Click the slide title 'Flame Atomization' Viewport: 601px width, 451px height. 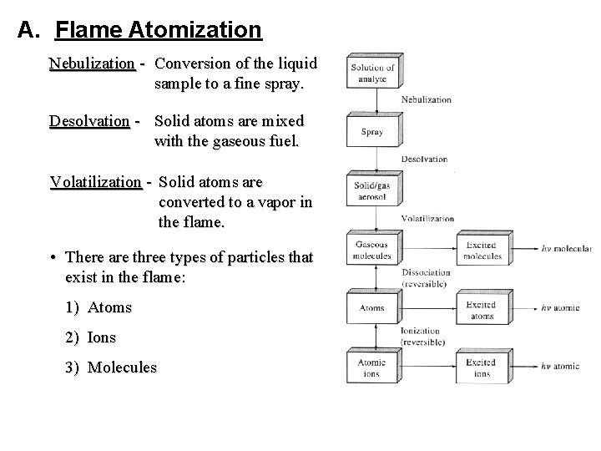159,31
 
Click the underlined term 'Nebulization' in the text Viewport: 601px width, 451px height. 92,63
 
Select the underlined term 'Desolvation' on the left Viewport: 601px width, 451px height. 89,122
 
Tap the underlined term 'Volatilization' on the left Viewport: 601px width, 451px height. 96,182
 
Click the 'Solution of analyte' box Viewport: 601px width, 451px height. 372,73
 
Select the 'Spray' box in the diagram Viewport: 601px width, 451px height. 372,131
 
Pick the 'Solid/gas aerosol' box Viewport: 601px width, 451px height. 372,190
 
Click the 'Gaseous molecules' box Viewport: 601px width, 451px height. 372,251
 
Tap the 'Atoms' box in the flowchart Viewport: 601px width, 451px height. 372,308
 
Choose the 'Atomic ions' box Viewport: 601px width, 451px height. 372,367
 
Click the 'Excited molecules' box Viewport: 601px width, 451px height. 482,251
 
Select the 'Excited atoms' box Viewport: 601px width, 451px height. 482,310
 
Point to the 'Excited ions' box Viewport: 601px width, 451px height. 482,368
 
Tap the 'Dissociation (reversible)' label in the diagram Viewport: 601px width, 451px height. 425,277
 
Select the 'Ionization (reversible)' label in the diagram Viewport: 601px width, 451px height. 425,336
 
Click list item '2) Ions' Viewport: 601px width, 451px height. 90,337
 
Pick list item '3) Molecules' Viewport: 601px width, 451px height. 110,367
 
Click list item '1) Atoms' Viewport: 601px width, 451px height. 98,307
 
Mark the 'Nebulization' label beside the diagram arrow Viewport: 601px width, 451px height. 426,100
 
